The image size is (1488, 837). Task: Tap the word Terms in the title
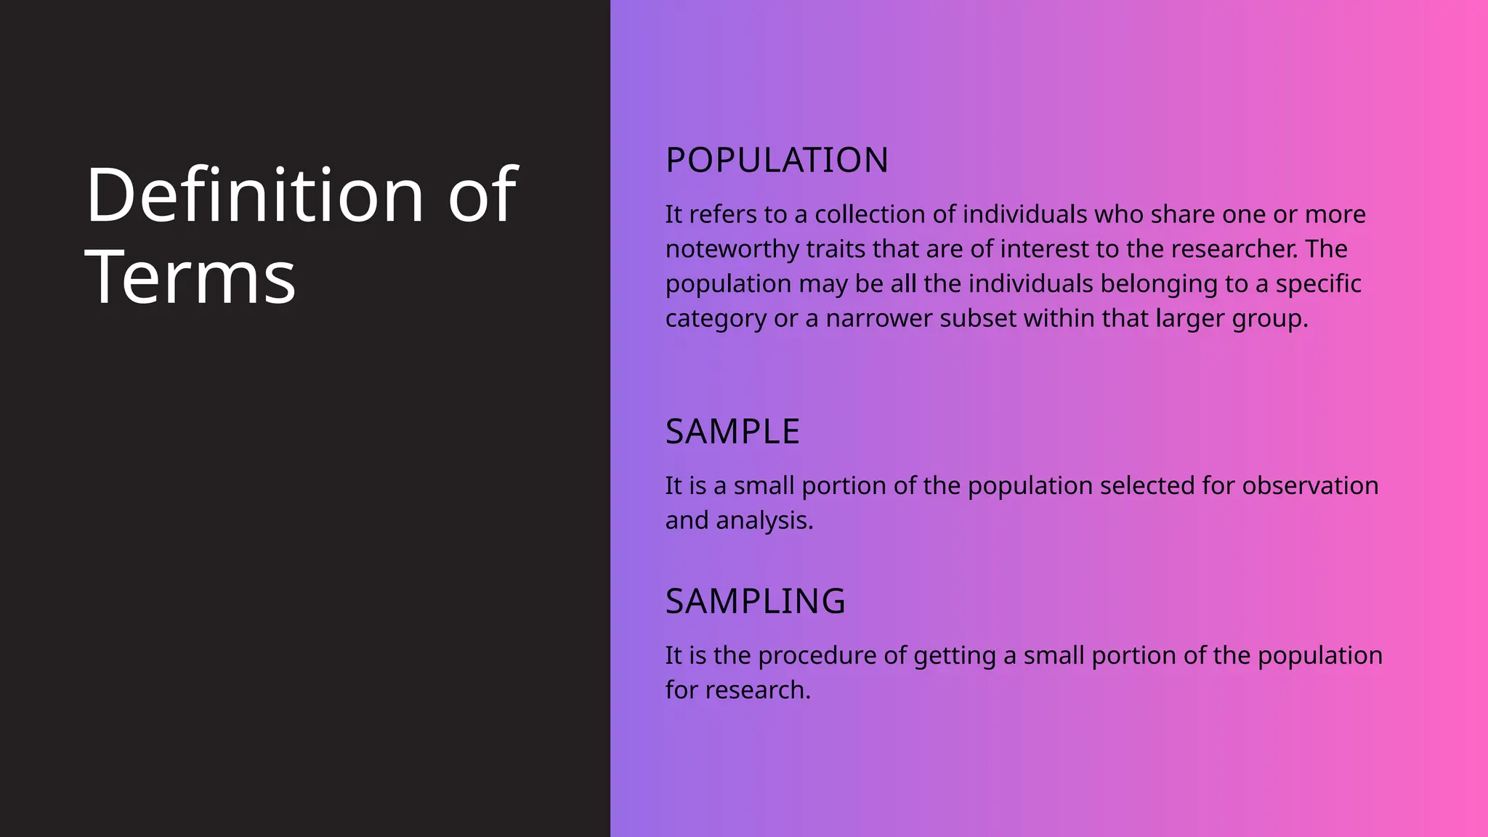click(x=190, y=277)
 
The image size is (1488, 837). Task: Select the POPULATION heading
click(x=777, y=160)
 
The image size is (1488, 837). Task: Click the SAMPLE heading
click(x=732, y=432)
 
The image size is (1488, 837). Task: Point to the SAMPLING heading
click(x=756, y=602)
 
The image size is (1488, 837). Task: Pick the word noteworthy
click(x=732, y=249)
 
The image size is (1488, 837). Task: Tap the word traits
click(x=836, y=249)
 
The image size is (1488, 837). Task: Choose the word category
click(x=716, y=318)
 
